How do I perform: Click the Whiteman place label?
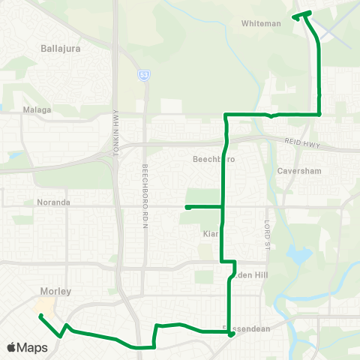tap(261, 23)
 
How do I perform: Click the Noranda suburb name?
tap(52, 202)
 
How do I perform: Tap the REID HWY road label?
tap(301, 142)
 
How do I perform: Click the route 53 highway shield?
tap(142, 75)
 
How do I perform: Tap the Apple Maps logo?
tap(27, 347)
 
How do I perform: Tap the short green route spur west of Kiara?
tap(195, 206)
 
